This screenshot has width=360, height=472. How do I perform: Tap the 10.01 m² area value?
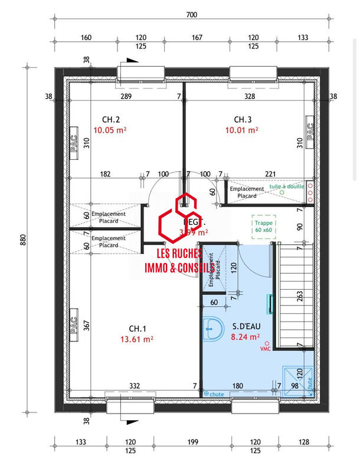point(243,130)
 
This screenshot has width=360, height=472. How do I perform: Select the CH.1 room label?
point(138,328)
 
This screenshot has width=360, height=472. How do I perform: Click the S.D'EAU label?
point(243,326)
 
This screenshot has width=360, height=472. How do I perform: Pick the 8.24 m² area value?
point(244,337)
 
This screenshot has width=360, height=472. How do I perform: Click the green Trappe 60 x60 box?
point(264,227)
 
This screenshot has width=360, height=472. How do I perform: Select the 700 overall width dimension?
point(191,15)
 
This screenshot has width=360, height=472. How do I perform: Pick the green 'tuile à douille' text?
point(286,186)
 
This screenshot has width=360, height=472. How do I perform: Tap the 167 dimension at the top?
point(197,37)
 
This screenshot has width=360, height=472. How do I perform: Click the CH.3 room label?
point(243,119)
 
